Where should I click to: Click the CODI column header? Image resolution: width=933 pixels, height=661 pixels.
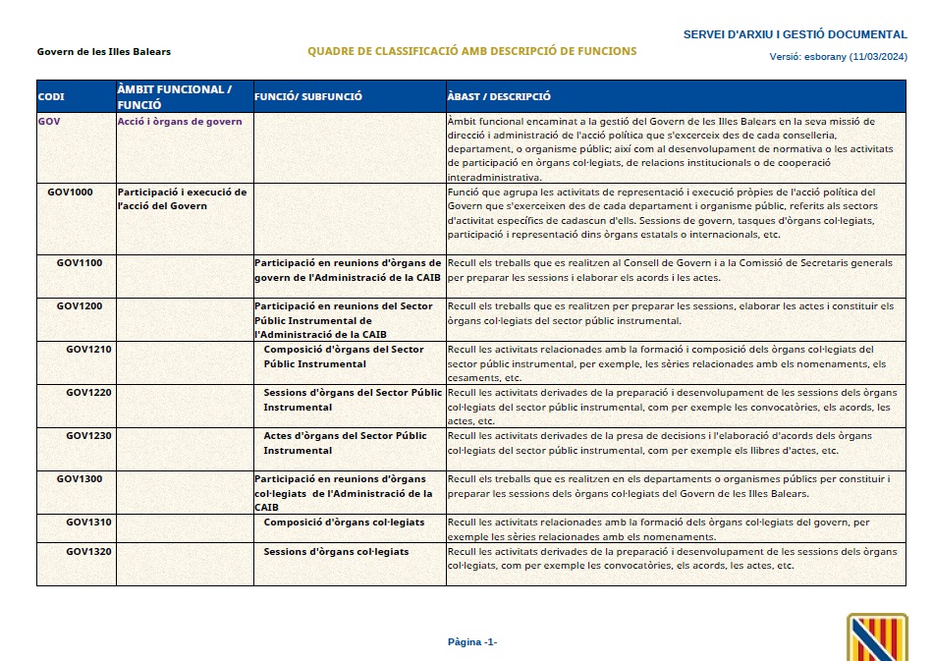[x=51, y=97]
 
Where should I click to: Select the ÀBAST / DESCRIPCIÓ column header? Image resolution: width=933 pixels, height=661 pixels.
[x=498, y=97]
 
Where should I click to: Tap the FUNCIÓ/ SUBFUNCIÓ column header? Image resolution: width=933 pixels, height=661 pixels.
[x=307, y=97]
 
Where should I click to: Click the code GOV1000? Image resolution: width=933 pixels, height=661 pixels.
[x=71, y=193]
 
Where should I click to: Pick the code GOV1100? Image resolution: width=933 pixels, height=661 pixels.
[x=81, y=263]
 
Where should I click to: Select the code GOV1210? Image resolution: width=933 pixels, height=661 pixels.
[x=88, y=350]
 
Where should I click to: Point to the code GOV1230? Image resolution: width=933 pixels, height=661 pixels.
[x=88, y=436]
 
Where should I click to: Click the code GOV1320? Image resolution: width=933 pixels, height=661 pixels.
[x=88, y=552]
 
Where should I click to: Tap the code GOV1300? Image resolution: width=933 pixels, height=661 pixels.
[x=81, y=479]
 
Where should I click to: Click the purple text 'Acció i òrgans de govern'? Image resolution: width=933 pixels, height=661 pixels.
[x=180, y=122]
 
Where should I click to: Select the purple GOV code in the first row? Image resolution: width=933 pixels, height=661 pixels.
[x=49, y=122]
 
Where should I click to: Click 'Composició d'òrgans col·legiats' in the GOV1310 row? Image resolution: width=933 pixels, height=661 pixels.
[x=344, y=523]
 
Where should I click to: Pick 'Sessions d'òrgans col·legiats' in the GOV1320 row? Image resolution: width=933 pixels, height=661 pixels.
[x=336, y=552]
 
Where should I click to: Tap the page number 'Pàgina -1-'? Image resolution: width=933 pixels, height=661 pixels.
[x=472, y=642]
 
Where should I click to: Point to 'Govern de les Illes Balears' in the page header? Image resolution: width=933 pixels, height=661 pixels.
[x=96, y=51]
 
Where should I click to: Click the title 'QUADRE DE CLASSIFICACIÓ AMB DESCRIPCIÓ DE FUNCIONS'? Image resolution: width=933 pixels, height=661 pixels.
[x=471, y=51]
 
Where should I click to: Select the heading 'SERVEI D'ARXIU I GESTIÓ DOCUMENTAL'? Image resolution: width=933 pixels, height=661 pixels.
[x=796, y=35]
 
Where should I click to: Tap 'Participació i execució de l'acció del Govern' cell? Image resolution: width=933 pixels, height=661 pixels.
[x=182, y=199]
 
